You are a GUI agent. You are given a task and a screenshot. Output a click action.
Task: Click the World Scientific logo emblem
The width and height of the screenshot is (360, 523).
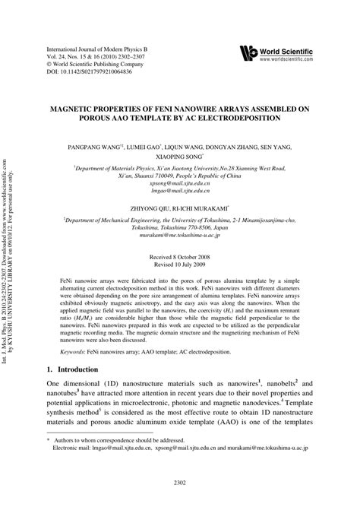tap(248, 52)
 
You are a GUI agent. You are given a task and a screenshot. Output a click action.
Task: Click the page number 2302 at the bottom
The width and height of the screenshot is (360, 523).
tap(180, 503)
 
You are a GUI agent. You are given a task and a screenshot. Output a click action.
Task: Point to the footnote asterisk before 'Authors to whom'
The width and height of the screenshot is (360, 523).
tap(49, 461)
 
